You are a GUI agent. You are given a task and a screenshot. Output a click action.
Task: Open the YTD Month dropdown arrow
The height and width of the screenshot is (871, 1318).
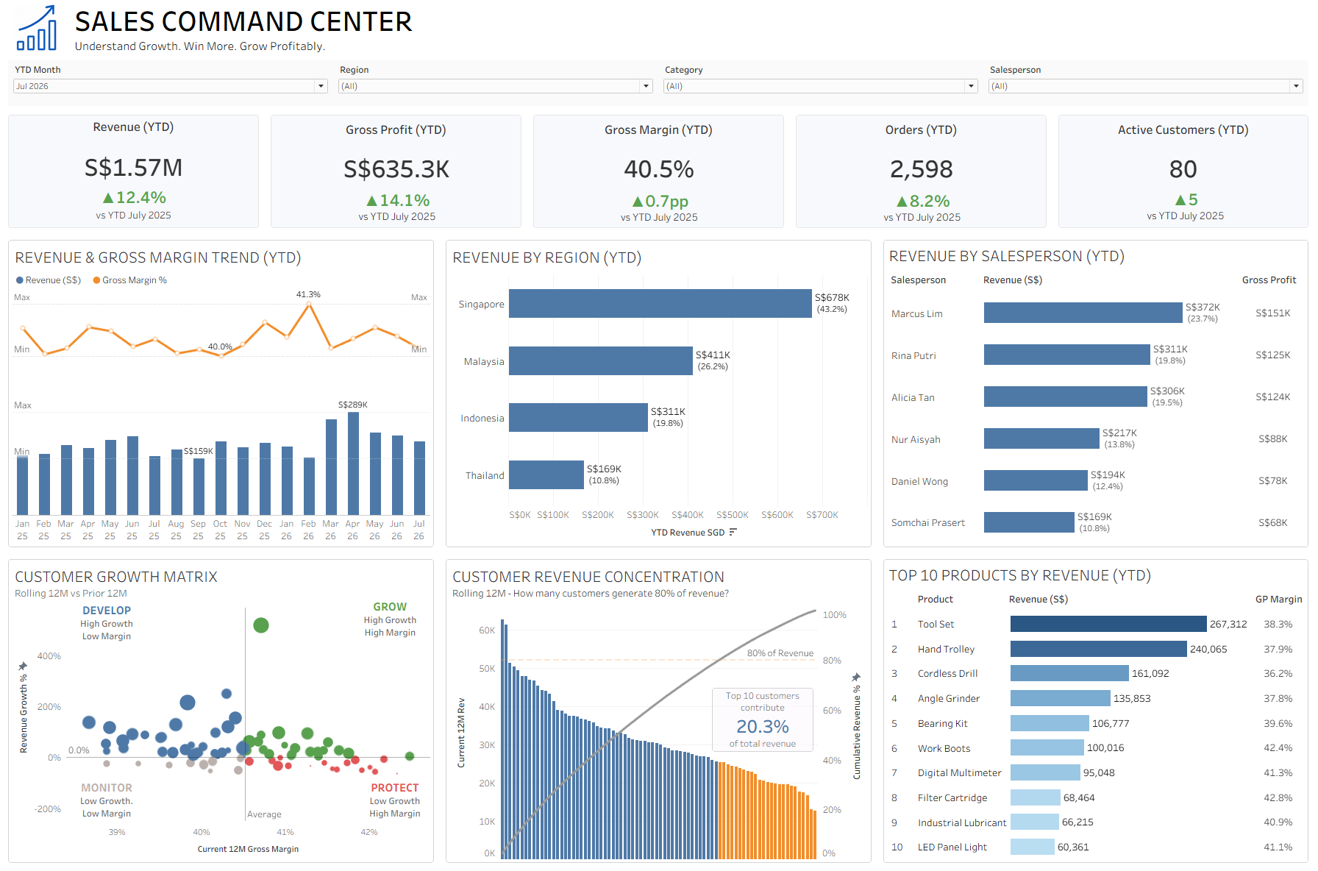[321, 86]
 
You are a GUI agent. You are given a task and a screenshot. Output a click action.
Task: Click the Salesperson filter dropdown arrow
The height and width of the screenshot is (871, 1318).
[1296, 86]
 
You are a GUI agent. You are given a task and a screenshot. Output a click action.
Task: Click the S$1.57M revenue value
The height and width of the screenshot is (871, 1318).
[133, 168]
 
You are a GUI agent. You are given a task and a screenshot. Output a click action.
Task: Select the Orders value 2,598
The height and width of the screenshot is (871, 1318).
[921, 169]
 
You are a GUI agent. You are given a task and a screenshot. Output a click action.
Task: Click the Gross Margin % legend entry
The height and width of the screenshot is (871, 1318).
[130, 280]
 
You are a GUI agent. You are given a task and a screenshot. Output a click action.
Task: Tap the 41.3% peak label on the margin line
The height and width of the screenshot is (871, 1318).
[308, 294]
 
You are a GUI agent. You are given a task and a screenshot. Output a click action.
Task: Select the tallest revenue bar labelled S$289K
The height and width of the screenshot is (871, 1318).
[353, 463]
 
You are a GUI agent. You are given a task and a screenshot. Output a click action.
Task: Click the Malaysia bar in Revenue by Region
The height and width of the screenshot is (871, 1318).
[600, 361]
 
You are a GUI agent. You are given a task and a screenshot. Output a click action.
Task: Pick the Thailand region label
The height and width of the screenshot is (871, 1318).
[485, 475]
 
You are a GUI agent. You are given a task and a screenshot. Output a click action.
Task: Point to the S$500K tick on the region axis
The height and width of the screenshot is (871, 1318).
[732, 515]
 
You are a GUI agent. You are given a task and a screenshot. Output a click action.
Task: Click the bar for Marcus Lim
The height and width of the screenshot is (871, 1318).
[1083, 313]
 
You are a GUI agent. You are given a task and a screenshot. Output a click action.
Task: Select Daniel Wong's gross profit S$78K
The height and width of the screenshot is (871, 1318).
[1273, 480]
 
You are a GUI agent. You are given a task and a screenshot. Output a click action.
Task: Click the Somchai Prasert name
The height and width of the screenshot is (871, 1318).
[928, 522]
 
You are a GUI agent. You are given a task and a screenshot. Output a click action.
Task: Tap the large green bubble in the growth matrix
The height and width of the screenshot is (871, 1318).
[260, 625]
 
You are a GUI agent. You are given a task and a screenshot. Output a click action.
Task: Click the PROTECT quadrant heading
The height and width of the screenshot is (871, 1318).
[394, 788]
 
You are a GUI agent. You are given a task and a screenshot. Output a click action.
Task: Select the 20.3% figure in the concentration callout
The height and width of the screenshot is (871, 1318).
[763, 727]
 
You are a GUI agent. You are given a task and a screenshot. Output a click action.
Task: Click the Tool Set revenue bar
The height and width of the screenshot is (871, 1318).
[1108, 624]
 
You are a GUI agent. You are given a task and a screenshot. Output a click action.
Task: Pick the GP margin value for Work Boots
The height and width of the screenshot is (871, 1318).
[1278, 748]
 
